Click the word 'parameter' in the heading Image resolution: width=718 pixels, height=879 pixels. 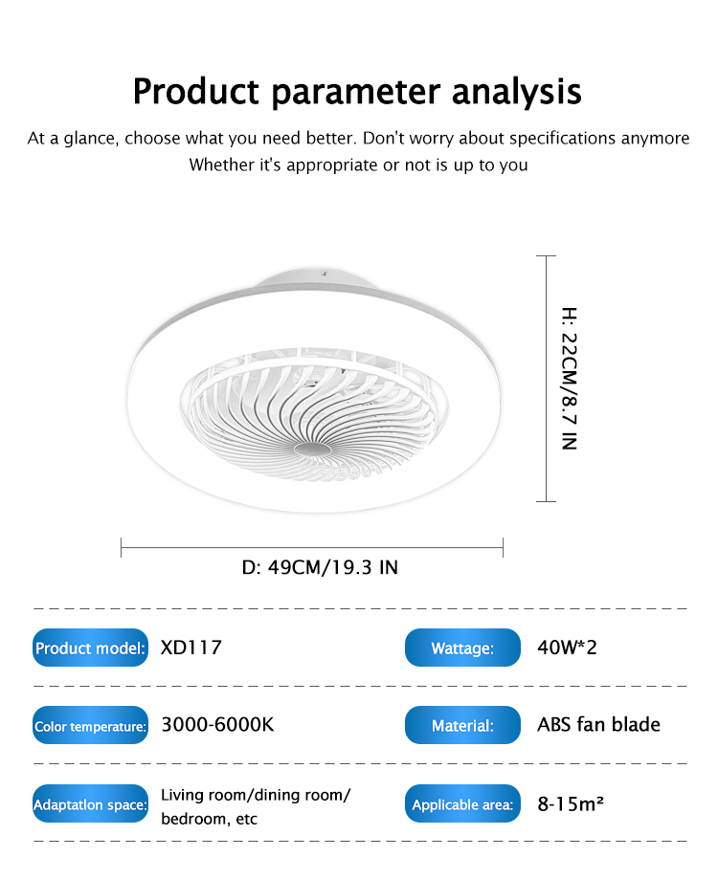[x=355, y=92]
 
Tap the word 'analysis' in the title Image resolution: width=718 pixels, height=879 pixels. [x=516, y=91]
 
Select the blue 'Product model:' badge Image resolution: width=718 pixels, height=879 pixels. [x=90, y=648]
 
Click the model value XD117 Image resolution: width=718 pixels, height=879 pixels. [x=191, y=648]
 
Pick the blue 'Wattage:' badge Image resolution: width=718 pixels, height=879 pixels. [x=462, y=648]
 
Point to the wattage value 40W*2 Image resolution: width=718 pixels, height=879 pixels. [x=567, y=648]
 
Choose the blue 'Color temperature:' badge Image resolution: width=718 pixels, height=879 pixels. [x=90, y=725]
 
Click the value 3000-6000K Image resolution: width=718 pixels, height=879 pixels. [x=217, y=724]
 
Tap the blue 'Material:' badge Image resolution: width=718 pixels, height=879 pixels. [x=462, y=725]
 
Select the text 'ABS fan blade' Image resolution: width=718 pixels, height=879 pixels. [x=598, y=724]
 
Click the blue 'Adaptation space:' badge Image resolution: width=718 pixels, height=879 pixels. [x=90, y=803]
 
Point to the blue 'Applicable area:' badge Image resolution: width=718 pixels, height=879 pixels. [x=462, y=803]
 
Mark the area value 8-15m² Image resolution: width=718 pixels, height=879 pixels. [x=571, y=803]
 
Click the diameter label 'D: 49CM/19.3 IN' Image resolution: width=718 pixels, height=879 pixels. [x=320, y=567]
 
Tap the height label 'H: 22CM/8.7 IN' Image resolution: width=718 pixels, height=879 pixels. [x=570, y=379]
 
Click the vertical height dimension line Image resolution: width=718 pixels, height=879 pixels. [x=547, y=379]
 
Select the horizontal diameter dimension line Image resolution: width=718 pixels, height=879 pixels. [x=312, y=548]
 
